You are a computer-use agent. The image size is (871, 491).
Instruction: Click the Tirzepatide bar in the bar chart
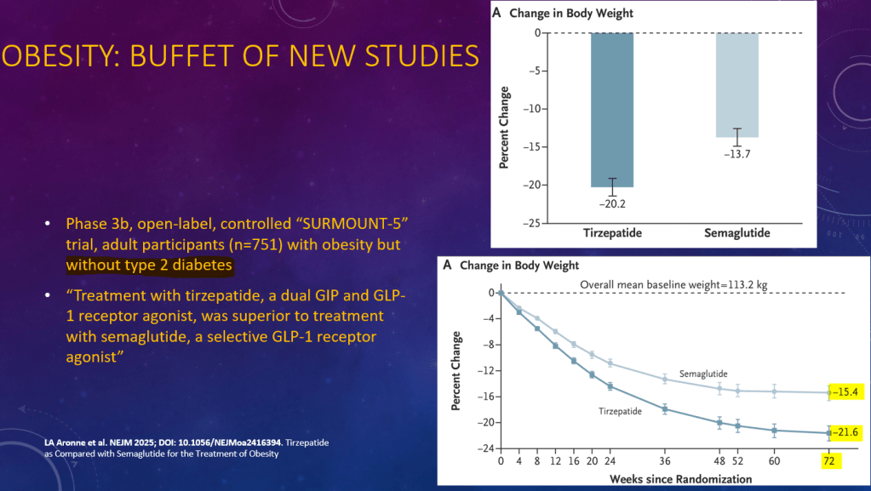click(x=612, y=109)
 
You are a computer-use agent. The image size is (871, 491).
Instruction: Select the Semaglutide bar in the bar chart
click(x=736, y=85)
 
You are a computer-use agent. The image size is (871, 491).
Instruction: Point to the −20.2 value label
click(x=612, y=204)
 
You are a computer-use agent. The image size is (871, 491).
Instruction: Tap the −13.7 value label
click(x=736, y=155)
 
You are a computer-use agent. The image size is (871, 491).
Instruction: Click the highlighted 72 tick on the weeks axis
click(x=828, y=462)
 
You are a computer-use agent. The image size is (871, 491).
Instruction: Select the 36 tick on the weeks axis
click(x=665, y=462)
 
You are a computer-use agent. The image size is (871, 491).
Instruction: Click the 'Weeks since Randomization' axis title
click(x=680, y=478)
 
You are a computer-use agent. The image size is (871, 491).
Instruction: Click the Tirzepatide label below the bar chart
click(x=612, y=233)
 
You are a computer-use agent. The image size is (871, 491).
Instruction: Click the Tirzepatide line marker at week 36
click(x=665, y=408)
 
